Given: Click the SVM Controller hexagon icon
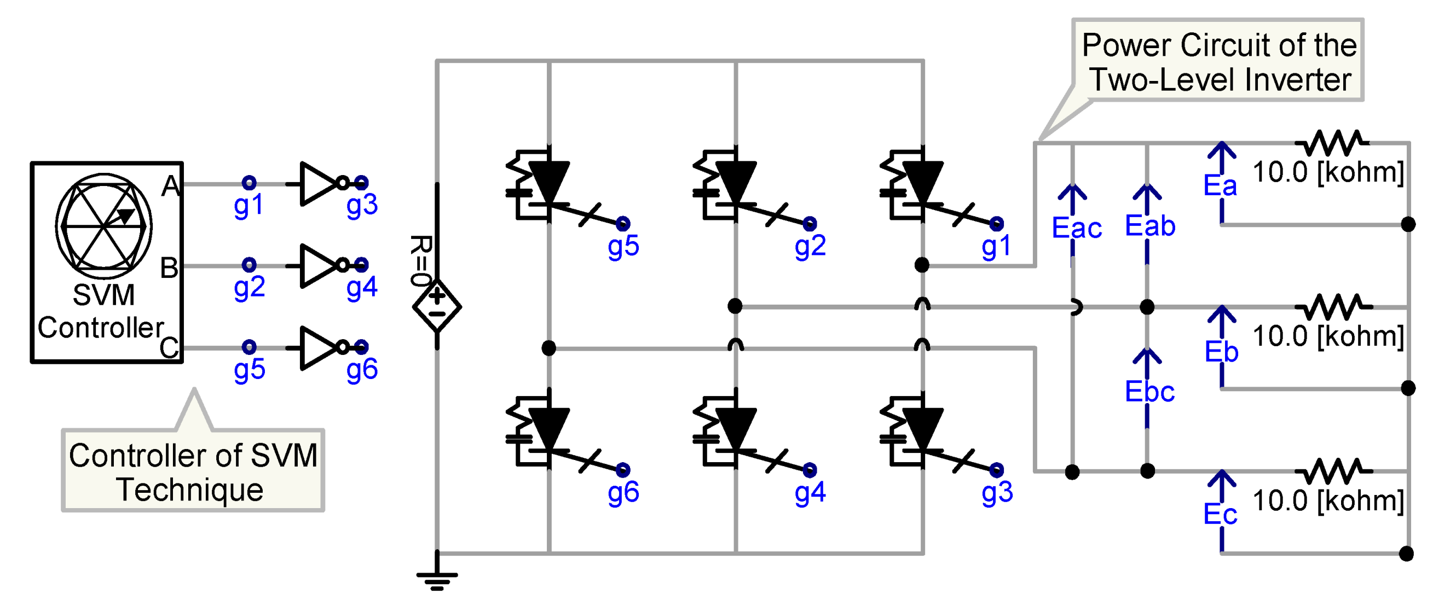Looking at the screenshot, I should point(103,226).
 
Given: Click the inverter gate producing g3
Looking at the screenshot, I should point(315,184).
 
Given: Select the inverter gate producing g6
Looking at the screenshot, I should point(315,347).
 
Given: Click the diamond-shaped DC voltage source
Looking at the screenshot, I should point(437,306).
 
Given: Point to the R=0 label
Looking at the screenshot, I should point(420,260).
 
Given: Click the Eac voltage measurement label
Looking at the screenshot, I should point(1077,228).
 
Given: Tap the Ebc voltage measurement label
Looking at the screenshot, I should point(1149,392).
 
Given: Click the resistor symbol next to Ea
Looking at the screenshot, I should point(1332,143).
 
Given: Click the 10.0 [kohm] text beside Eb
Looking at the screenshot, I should point(1327,336).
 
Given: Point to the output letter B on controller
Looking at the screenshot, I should point(169,267).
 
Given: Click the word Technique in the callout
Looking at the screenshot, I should point(190,490).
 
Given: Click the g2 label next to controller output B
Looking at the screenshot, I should point(249,288).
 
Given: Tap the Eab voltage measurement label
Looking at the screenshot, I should point(1150,226).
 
